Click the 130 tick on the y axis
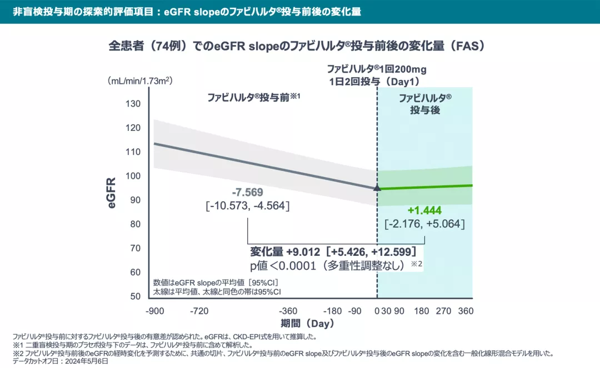(x=136, y=104)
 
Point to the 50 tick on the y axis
(x=136, y=296)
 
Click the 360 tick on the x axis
(x=466, y=311)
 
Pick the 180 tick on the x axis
(x=421, y=311)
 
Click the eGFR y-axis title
(x=113, y=193)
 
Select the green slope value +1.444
(x=424, y=211)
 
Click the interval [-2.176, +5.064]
(x=424, y=224)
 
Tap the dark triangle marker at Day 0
(x=377, y=188)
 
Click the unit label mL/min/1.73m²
(x=141, y=80)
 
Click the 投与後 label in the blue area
(x=425, y=110)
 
